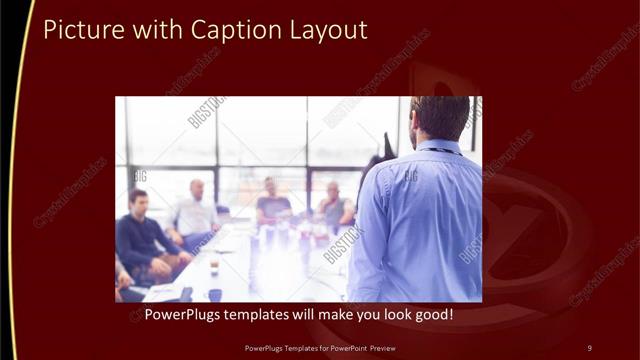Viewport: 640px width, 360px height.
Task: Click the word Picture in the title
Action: pos(80,30)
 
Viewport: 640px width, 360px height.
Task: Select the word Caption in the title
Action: pos(213,30)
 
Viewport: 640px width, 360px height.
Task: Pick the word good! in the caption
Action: pos(433,315)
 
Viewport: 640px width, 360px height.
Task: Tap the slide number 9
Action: pos(589,348)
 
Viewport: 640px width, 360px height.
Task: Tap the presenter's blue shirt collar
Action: pos(437,147)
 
